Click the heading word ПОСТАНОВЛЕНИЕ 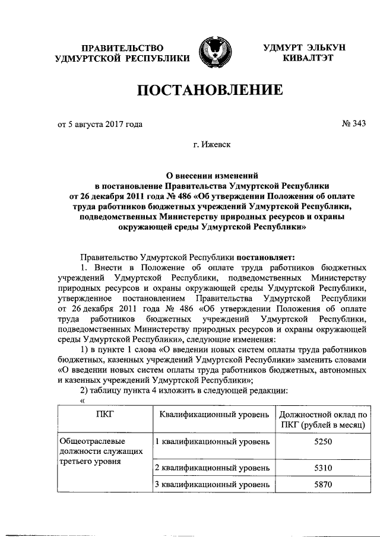click(x=209, y=91)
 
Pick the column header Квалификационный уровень click(x=214, y=414)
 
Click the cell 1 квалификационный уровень click(x=212, y=442)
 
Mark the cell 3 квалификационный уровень click(x=212, y=485)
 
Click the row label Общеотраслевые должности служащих click(x=100, y=452)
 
